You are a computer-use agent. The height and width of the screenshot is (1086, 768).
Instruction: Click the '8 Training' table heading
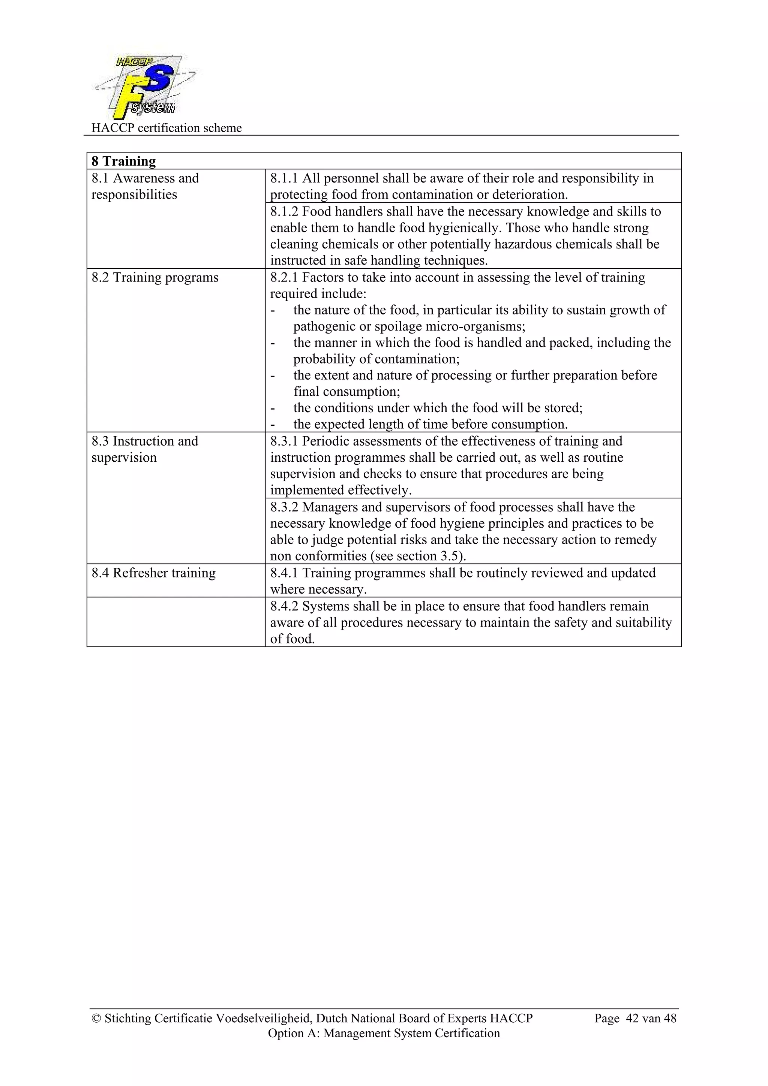tap(123, 161)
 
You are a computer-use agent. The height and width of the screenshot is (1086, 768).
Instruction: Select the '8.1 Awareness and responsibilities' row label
tap(145, 186)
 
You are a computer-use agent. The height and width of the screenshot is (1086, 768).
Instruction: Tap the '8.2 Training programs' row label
tap(155, 277)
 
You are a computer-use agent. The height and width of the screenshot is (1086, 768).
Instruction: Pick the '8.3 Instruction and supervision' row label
tap(144, 449)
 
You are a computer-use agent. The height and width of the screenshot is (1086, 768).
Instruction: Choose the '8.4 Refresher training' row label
tap(153, 573)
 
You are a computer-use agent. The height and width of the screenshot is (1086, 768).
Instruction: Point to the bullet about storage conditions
tap(437, 408)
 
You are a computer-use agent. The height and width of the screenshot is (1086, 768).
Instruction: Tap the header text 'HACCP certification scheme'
tap(166, 128)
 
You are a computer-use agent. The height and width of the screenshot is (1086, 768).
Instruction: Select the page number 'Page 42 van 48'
tap(635, 1019)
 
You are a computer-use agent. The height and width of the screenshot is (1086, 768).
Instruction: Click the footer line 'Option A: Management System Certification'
tap(383, 1033)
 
